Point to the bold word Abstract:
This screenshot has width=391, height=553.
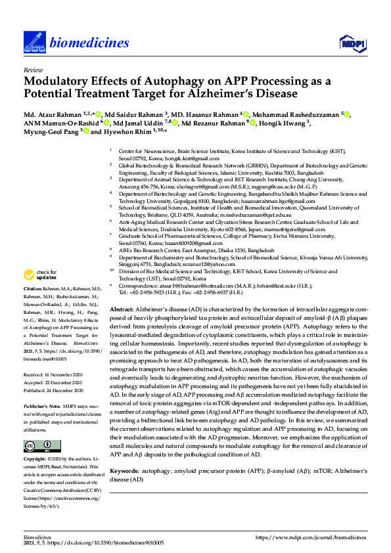(x=123, y=308)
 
